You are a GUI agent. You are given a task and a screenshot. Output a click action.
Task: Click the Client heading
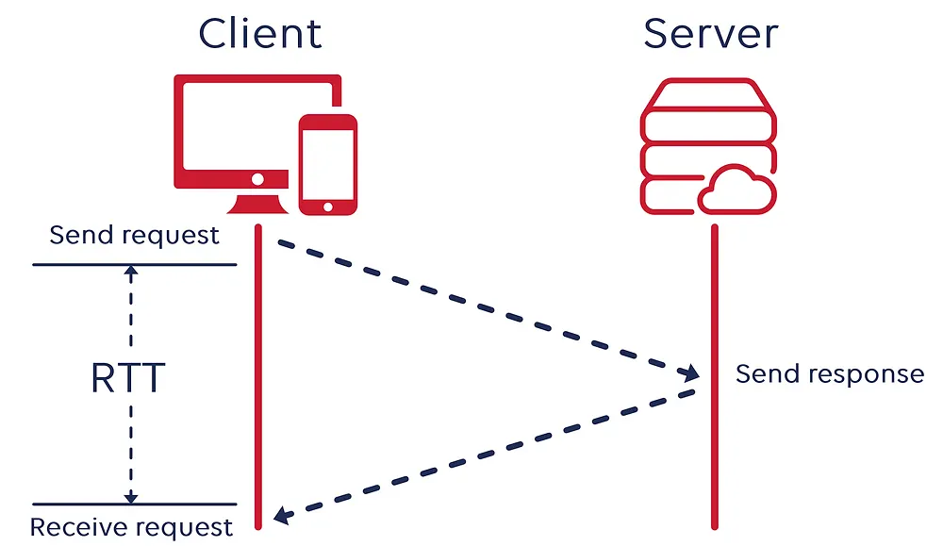pos(260,34)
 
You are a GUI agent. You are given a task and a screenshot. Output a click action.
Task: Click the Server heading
pos(711,34)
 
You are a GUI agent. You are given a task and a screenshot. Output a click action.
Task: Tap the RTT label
pos(128,378)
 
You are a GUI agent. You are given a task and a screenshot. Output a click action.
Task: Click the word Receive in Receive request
pos(75,527)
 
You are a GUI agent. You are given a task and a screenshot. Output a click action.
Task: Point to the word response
pos(867,375)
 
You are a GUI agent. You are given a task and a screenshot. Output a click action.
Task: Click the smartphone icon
pos(328,165)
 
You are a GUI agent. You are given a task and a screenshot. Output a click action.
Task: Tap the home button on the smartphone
pos(328,207)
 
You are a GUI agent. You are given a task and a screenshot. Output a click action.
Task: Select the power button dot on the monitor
pos(257,179)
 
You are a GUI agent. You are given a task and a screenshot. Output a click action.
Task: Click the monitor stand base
pos(258,205)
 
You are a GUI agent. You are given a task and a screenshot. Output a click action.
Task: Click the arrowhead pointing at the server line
pos(689,372)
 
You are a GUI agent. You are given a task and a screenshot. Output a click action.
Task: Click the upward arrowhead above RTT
pos(131,271)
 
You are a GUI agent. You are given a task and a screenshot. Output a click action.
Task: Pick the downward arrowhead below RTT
pos(131,498)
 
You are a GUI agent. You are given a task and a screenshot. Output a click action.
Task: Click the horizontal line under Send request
pos(135,265)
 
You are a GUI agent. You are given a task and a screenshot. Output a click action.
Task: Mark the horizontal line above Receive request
pos(135,504)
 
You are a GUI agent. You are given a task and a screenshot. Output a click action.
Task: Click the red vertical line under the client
pos(258,377)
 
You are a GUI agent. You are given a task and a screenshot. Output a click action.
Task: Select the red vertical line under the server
pos(715,377)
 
